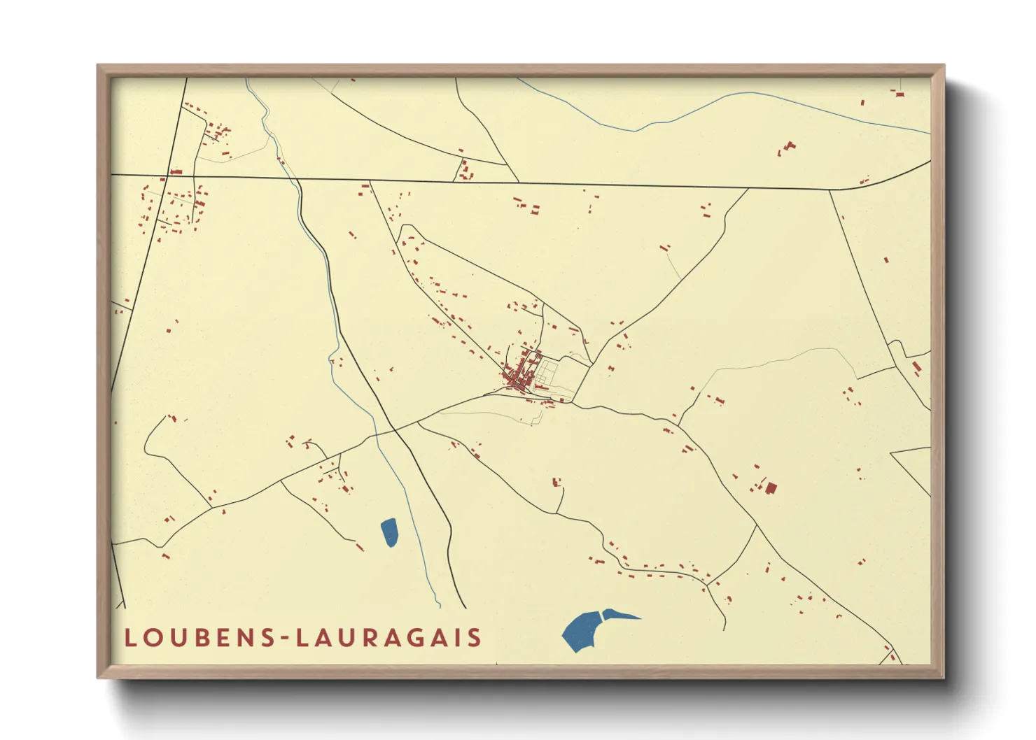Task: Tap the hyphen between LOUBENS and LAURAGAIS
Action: click(x=283, y=639)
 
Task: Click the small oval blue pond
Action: click(x=389, y=532)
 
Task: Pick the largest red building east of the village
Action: click(x=771, y=488)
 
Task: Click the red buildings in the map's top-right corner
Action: click(x=899, y=92)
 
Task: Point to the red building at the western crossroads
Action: click(x=176, y=171)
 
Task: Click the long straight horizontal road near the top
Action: click(x=560, y=184)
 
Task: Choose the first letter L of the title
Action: click(x=129, y=638)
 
